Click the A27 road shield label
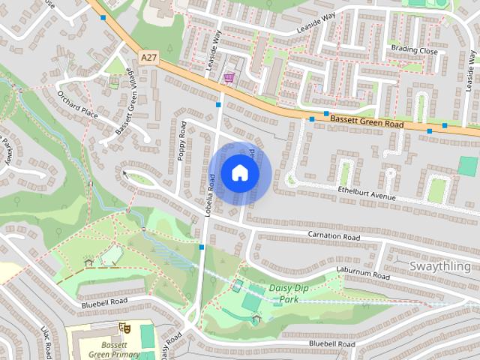pyautogui.click(x=149, y=56)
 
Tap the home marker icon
pyautogui.click(x=239, y=172)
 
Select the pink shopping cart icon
pyautogui.click(x=228, y=77)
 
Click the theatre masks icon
pyautogui.click(x=124, y=328)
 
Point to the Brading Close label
pyautogui.click(x=413, y=50)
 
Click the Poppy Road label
pyautogui.click(x=181, y=139)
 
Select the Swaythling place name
pyautogui.click(x=444, y=266)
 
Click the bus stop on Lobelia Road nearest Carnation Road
pyautogui.click(x=201, y=246)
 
